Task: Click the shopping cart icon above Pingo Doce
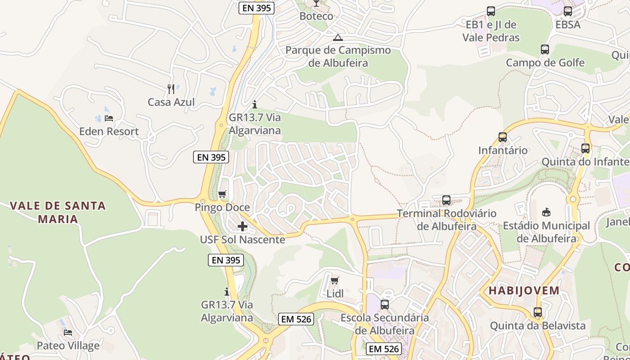tap(222, 194)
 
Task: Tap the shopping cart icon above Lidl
tap(334, 281)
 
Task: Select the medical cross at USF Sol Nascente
tap(243, 226)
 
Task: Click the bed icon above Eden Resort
tap(108, 118)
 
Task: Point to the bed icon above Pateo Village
tap(68, 333)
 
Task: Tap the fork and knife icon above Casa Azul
tap(171, 89)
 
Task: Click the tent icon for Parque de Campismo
tap(338, 37)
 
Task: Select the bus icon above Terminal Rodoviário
tap(446, 200)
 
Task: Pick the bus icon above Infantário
tap(502, 137)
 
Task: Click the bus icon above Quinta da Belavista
tap(537, 312)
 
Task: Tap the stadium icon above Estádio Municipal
tap(546, 212)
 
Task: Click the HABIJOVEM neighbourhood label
tap(524, 290)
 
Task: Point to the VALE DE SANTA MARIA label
tap(58, 212)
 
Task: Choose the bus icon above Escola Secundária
tap(385, 305)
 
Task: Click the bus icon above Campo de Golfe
tap(545, 49)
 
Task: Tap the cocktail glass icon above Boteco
tap(316, 4)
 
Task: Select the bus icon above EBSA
tap(568, 11)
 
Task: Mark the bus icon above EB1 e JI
tap(491, 11)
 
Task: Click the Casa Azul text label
tap(171, 102)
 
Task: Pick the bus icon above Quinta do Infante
tap(585, 148)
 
